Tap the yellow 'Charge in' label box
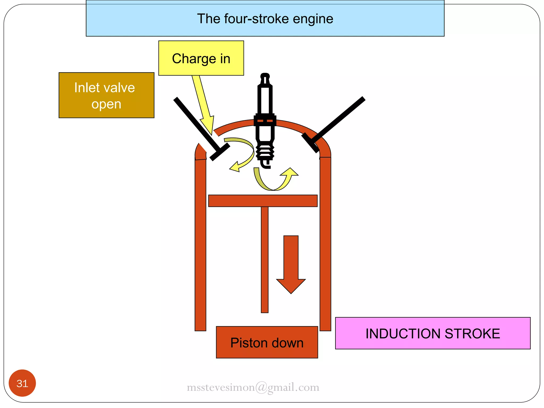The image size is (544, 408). tap(201, 58)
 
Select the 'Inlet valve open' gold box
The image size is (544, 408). tap(106, 95)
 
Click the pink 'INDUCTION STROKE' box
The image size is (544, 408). tap(432, 333)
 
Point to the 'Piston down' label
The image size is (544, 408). tap(267, 342)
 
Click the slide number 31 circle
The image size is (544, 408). tap(22, 383)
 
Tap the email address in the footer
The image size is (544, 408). tap(253, 387)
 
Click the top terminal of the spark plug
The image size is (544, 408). tap(265, 77)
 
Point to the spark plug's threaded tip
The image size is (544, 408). tap(265, 153)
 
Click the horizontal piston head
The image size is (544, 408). tap(263, 201)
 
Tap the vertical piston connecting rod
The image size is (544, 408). tap(265, 259)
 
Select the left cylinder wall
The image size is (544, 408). tap(200, 244)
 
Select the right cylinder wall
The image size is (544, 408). tap(325, 244)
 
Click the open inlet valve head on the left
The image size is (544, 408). tap(220, 152)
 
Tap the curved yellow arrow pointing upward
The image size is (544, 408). tap(276, 182)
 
